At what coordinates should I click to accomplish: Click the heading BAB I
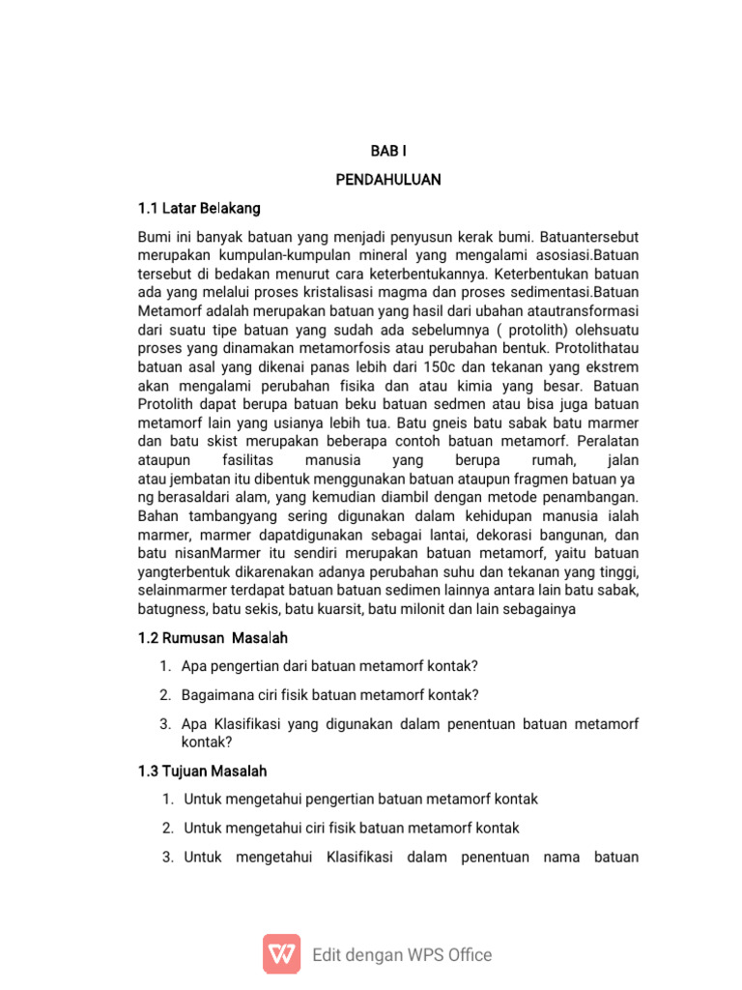pyautogui.click(x=387, y=152)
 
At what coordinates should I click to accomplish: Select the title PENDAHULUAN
pyautogui.click(x=387, y=180)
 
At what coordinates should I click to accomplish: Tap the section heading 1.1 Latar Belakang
pyautogui.click(x=199, y=208)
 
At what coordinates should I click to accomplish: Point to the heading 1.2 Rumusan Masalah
pyautogui.click(x=213, y=638)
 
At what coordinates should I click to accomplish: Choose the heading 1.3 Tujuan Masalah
pyautogui.click(x=203, y=772)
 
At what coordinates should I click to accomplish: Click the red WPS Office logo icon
pyautogui.click(x=282, y=954)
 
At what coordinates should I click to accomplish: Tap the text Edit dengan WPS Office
pyautogui.click(x=402, y=955)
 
